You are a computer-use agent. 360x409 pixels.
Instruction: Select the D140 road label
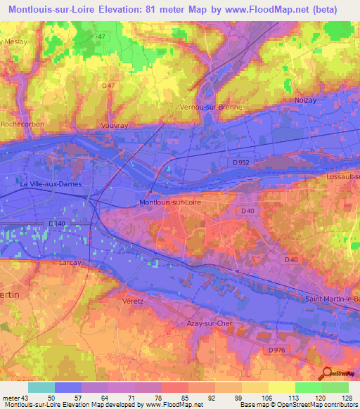pyautogui.click(x=58, y=223)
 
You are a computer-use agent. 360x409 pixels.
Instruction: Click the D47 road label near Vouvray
pyautogui.click(x=108, y=86)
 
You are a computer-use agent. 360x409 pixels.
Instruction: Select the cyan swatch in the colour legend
pyautogui.click(x=41, y=387)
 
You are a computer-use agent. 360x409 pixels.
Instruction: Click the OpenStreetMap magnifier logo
pyautogui.click(x=326, y=372)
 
